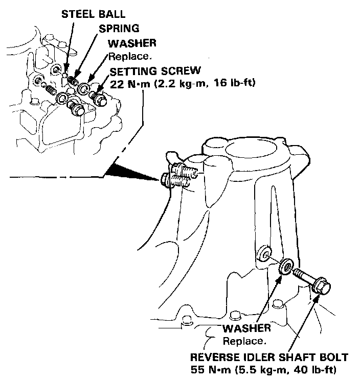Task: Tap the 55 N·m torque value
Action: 208,369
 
